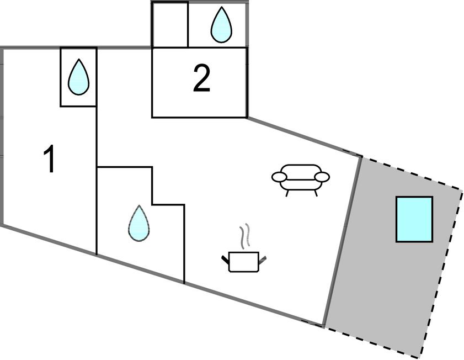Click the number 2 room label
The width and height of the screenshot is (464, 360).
pyautogui.click(x=202, y=80)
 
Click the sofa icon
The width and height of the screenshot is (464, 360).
pyautogui.click(x=301, y=177)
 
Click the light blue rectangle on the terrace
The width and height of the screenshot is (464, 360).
pyautogui.click(x=414, y=219)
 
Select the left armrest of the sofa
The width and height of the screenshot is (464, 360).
pyautogui.click(x=279, y=177)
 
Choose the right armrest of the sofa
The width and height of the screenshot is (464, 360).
pyautogui.click(x=322, y=177)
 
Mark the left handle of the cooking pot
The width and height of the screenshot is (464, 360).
pyautogui.click(x=226, y=258)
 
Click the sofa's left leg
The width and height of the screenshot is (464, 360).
pyautogui.click(x=287, y=192)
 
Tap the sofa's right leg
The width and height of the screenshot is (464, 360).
pyautogui.click(x=316, y=192)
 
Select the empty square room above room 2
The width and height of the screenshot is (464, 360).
pyautogui.click(x=170, y=25)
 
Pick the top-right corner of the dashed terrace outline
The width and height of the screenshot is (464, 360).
pyautogui.click(x=461, y=190)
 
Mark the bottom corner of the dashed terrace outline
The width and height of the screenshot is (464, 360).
pyautogui.click(x=420, y=357)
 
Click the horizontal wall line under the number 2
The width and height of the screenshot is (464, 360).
pyautogui.click(x=199, y=117)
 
